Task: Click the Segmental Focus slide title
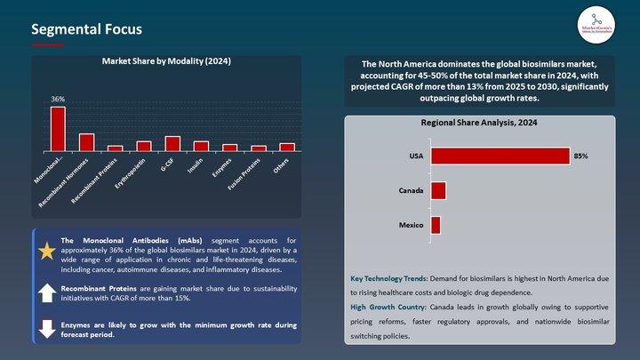coord(86,29)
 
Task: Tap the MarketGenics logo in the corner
coord(595,23)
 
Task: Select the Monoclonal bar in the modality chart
coord(58,129)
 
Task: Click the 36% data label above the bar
coord(57,100)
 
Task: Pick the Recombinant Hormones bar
coord(86,142)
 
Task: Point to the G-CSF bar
coord(172,143)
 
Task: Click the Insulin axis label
coord(198,165)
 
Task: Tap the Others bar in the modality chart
coord(287,147)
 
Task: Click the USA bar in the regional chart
coord(500,156)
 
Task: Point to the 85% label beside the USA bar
coord(581,156)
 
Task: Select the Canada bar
coord(438,191)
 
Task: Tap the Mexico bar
coord(436,226)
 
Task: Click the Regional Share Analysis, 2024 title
coord(479,124)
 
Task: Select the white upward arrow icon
coord(46,293)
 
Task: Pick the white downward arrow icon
coord(46,328)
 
